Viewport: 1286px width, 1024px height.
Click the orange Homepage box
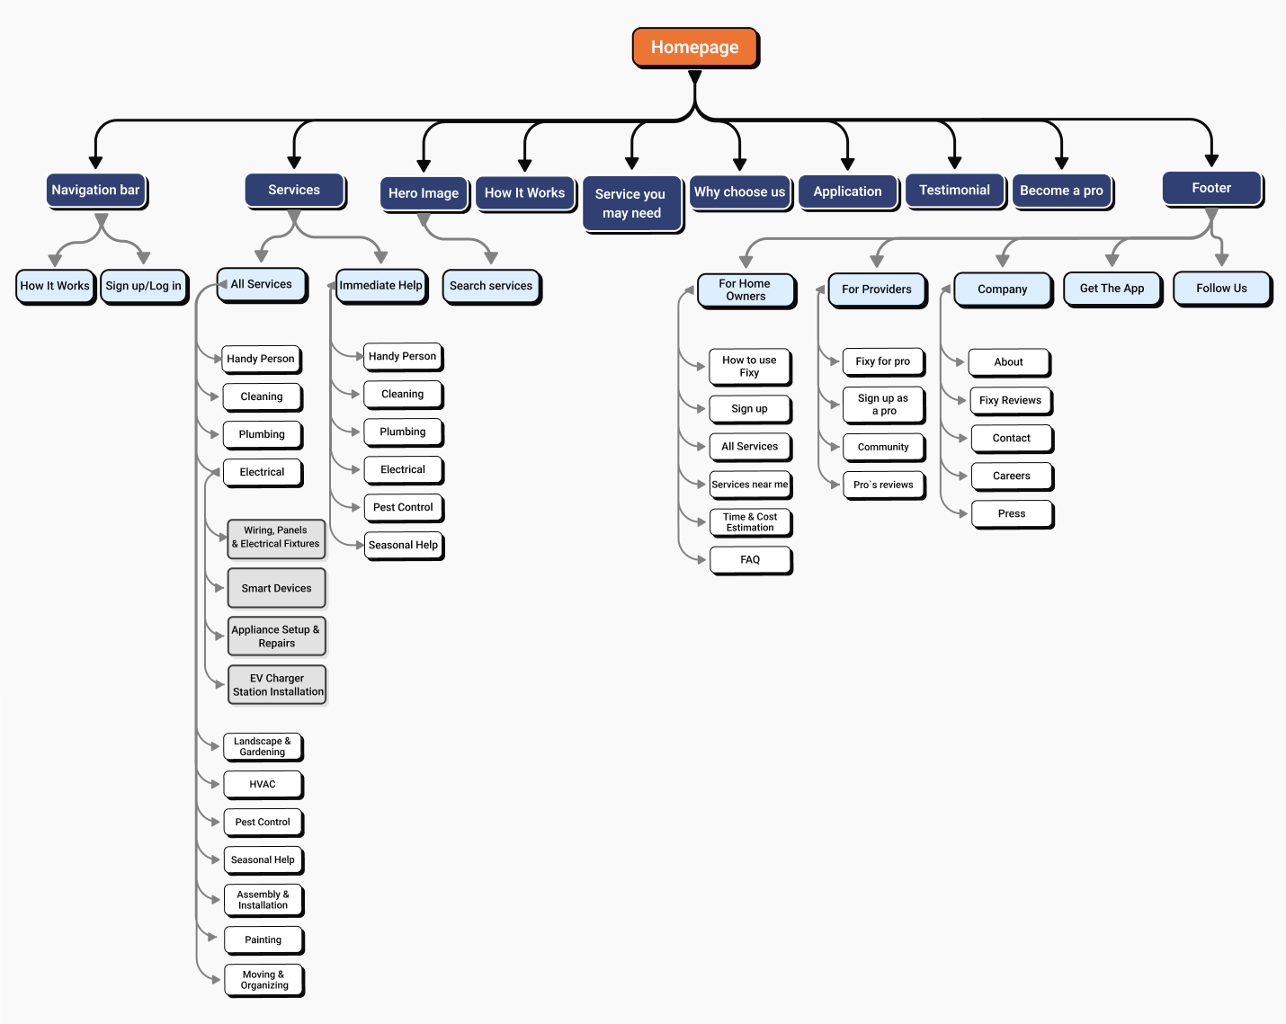pyautogui.click(x=695, y=47)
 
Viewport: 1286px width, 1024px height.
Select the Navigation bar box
pyautogui.click(x=96, y=191)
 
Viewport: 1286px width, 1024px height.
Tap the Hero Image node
pyautogui.click(x=424, y=193)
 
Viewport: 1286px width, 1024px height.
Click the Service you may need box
pyautogui.click(x=632, y=204)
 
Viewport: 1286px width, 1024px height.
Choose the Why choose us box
pyautogui.click(x=740, y=192)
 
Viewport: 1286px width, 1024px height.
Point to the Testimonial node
pyautogui.click(x=955, y=191)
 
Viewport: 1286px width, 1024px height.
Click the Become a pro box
pyautogui.click(x=1062, y=191)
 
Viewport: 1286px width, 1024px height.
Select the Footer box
pyautogui.click(x=1212, y=189)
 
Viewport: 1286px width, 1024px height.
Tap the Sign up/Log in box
pyautogui.click(x=144, y=287)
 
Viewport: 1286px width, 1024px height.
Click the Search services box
pyautogui.click(x=491, y=287)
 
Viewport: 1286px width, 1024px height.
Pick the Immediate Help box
pyautogui.click(x=381, y=286)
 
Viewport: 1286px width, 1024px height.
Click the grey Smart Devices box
pyautogui.click(x=277, y=589)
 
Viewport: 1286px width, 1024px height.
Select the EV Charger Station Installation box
pyautogui.click(x=277, y=685)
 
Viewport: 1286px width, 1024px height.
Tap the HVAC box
pyautogui.click(x=263, y=785)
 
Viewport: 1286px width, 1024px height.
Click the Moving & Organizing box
pyautogui.click(x=264, y=980)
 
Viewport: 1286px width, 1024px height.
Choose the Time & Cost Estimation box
pyautogui.click(x=751, y=522)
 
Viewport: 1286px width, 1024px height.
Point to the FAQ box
pyautogui.click(x=751, y=560)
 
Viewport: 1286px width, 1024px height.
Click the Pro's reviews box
pyautogui.click(x=884, y=485)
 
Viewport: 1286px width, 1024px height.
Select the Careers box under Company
pyautogui.click(x=1013, y=476)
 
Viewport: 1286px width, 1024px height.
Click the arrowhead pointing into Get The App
pyautogui.click(x=1112, y=260)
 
